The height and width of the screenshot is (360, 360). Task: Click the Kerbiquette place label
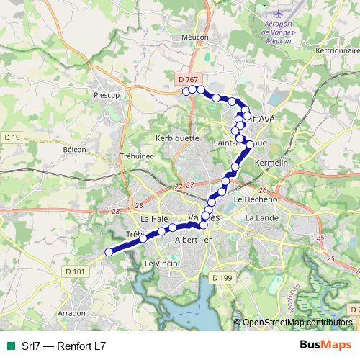[x=177, y=137]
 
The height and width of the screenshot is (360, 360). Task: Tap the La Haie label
[x=155, y=218]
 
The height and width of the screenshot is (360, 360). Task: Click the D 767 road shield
[x=186, y=78]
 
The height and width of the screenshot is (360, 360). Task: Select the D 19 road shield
[x=13, y=137]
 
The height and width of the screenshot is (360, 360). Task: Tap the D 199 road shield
[x=221, y=276]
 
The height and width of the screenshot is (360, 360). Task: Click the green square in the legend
[x=11, y=346]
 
